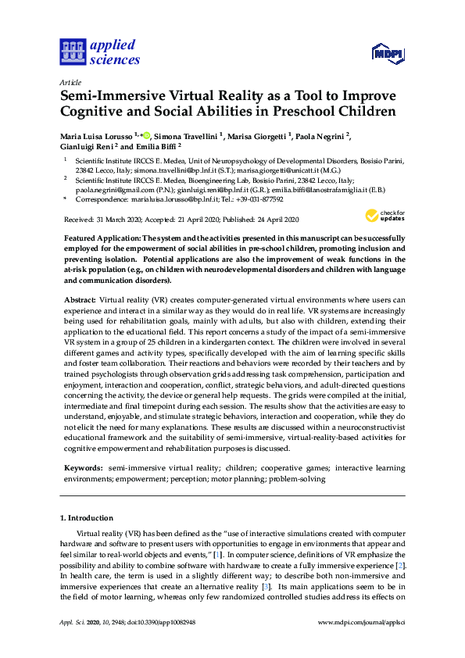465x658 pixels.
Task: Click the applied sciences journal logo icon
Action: (x=71, y=52)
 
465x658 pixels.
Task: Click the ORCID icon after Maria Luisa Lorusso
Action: (x=146, y=135)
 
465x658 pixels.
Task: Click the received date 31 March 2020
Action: (x=120, y=220)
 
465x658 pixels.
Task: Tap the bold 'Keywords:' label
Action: (x=83, y=467)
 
